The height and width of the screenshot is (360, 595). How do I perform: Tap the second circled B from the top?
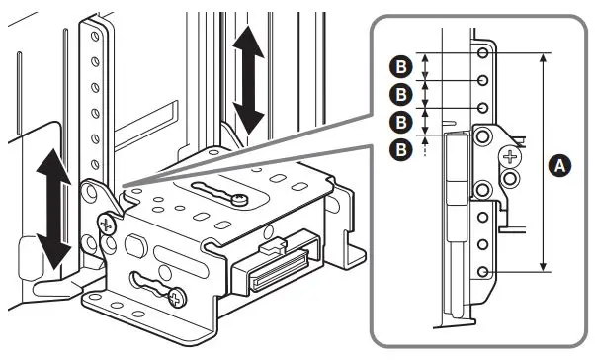click(401, 95)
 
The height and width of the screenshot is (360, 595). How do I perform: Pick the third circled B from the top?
click(401, 123)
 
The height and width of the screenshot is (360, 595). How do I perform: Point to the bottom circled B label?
click(401, 149)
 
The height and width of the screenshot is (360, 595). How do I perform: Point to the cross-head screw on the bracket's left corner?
click(105, 223)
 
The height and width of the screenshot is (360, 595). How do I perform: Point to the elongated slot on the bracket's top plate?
click(216, 192)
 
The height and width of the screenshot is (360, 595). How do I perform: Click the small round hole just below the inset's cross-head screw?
click(511, 178)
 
